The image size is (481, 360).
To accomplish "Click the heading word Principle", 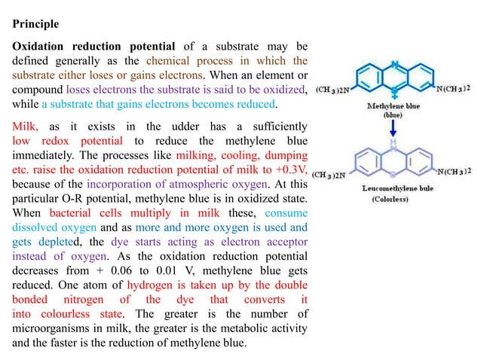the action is [x=35, y=24].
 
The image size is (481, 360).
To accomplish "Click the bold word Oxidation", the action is [x=38, y=46].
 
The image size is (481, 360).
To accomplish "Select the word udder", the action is [x=185, y=127].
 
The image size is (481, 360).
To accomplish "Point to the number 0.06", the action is [x=121, y=270].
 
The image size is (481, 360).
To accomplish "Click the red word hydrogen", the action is [x=150, y=285].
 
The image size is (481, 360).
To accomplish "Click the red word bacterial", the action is [x=70, y=213].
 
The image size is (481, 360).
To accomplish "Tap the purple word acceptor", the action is [x=286, y=242].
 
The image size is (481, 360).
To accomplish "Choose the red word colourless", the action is [x=66, y=314].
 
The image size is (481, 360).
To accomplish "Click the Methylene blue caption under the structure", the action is [x=394, y=106].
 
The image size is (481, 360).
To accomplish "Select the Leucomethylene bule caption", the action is [x=397, y=188].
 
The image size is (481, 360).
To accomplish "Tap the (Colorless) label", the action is [x=391, y=199].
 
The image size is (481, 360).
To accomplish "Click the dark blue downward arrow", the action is [x=393, y=128].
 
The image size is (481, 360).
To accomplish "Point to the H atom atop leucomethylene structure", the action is [x=394, y=142].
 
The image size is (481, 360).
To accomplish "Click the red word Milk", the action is [x=25, y=127].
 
